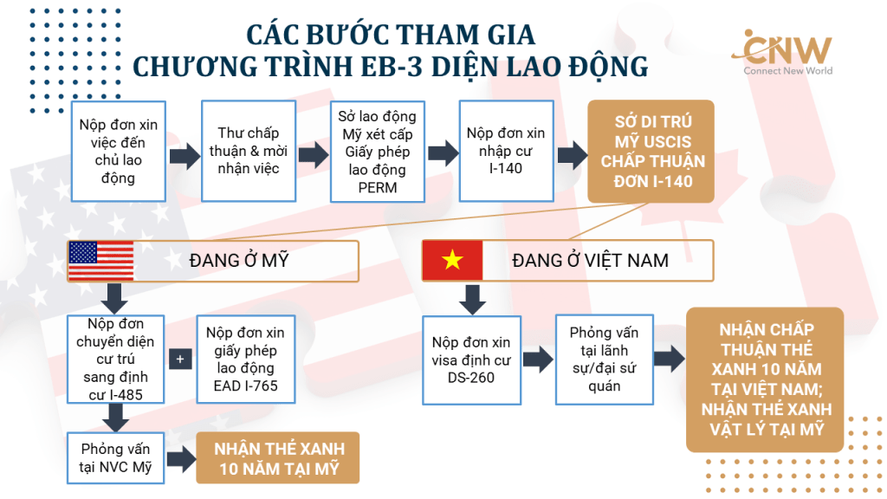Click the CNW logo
[x=782, y=52]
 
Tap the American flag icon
[x=100, y=261]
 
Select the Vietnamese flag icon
[x=452, y=260]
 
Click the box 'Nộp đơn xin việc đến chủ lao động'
[x=118, y=152]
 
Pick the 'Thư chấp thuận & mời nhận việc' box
[x=249, y=151]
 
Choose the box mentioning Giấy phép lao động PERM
[x=378, y=152]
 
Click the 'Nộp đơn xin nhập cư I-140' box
[x=506, y=151]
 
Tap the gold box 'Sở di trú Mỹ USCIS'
[x=651, y=152]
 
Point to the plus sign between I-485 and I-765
[x=180, y=359]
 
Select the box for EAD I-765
[x=245, y=360]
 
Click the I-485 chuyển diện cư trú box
[x=116, y=360]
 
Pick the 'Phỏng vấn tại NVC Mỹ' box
[x=116, y=457]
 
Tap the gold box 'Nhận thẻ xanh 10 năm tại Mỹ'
[x=278, y=457]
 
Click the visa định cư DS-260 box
[x=472, y=360]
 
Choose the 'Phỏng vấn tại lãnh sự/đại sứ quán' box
[x=605, y=360]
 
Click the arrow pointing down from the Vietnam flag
[x=472, y=299]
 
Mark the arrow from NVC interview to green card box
[x=182, y=458]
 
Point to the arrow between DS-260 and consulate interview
[x=538, y=360]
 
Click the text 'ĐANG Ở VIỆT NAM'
[x=590, y=261]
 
